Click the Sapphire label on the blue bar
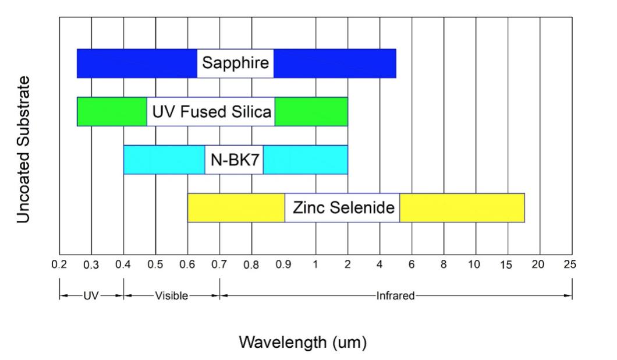pos(235,63)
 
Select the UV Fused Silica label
pos(211,111)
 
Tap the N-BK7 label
pos(234,160)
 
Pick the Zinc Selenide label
pos(342,207)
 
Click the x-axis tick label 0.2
pos(59,264)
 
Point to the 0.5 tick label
pos(155,264)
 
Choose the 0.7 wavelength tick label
pos(219,264)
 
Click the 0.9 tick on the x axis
pos(283,264)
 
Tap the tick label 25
pos(570,264)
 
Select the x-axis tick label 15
pos(506,264)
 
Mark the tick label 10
pos(475,264)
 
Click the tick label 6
pos(412,264)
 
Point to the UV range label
pos(91,295)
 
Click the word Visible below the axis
pos(172,295)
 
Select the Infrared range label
pos(395,295)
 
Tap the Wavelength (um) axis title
pos(303,342)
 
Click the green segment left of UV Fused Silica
pos(112,111)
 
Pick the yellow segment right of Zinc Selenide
pos(462,207)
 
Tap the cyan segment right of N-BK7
pos(306,160)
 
